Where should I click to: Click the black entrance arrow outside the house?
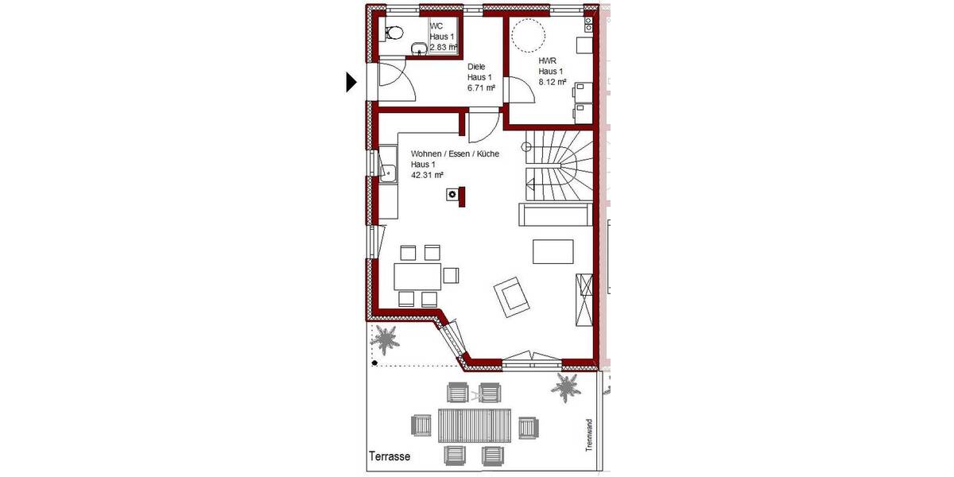point(351,82)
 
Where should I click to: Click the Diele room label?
point(476,67)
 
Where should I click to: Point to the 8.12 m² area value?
point(552,81)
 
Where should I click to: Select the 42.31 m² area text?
point(427,175)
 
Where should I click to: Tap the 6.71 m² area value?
point(481,88)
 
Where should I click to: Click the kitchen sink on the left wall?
point(388,171)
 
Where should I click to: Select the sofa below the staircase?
point(554,215)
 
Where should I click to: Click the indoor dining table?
point(418,276)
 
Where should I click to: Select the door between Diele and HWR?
point(521,91)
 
